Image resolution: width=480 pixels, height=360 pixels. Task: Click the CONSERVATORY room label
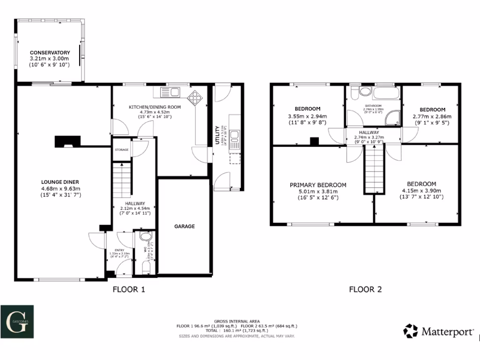(x=50, y=52)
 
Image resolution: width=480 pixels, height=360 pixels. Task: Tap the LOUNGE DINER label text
(x=60, y=182)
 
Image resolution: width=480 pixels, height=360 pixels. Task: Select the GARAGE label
(x=185, y=226)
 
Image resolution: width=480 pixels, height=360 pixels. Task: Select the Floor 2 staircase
(x=374, y=169)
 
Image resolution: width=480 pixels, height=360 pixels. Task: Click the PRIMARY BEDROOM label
(x=318, y=185)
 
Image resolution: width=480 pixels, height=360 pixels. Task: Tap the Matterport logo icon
(x=411, y=331)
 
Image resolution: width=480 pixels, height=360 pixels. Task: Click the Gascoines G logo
(x=16, y=322)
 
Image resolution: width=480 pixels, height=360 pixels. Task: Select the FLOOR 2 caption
(x=365, y=289)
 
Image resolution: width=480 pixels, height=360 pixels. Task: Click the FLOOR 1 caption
(x=129, y=289)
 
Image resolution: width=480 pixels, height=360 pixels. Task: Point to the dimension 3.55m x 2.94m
(x=307, y=117)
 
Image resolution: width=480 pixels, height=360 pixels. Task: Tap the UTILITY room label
(x=217, y=135)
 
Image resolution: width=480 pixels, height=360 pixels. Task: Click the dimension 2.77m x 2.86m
(x=432, y=117)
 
